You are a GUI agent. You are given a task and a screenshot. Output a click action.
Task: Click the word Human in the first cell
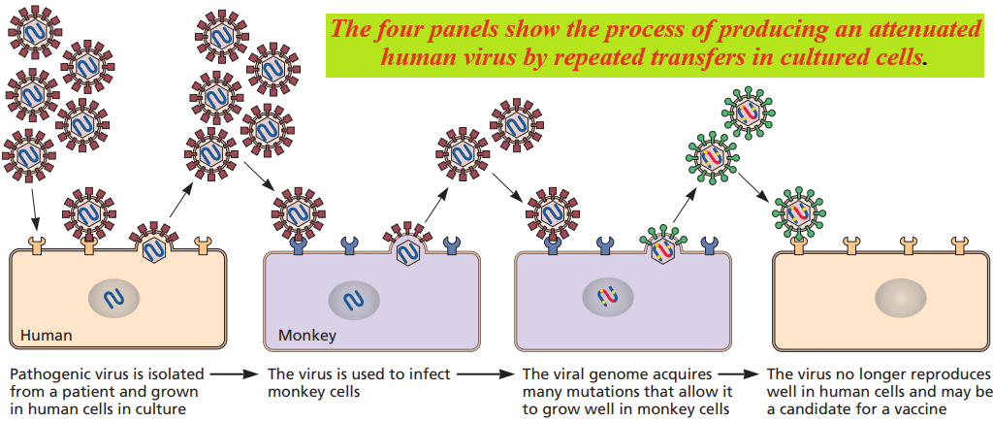click(x=47, y=335)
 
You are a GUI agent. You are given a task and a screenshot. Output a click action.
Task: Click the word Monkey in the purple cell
click(x=307, y=335)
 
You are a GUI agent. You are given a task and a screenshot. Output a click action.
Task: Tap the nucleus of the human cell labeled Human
click(x=114, y=299)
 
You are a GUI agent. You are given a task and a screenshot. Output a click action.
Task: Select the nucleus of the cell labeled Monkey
click(x=354, y=300)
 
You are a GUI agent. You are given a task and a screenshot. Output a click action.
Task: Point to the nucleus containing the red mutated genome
click(x=608, y=295)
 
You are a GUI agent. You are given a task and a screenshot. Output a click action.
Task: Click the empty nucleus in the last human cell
click(x=901, y=297)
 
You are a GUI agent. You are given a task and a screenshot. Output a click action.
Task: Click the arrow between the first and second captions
click(x=235, y=374)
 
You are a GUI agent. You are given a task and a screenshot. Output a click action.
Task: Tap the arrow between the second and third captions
click(x=485, y=374)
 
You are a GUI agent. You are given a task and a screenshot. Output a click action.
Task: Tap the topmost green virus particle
click(x=748, y=113)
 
